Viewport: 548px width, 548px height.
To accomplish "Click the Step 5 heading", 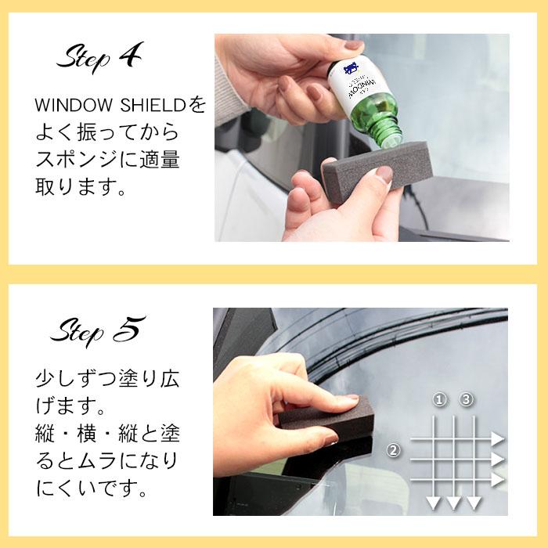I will (98, 330).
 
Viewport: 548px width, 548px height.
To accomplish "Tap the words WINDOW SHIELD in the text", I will (106, 105).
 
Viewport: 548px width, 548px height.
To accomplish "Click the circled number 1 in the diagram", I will (440, 400).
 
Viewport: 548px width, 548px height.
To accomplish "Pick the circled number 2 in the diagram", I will (395, 450).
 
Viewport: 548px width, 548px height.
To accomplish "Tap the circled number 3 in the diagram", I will (467, 400).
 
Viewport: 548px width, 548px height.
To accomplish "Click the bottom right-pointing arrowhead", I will (497, 479).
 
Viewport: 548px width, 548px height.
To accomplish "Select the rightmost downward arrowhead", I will (474, 503).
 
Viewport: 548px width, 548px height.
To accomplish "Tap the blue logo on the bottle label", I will (352, 70).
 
